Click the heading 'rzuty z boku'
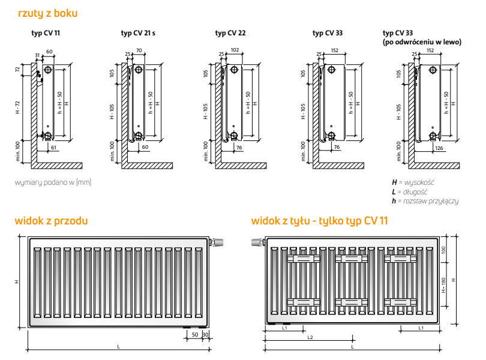tap(48, 13)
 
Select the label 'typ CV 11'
tap(46, 33)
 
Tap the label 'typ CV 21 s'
tap(138, 33)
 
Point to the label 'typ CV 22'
tap(230, 33)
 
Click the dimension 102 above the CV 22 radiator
tap(235, 50)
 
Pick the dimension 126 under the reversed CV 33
tap(439, 148)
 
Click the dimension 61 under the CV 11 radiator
tap(53, 148)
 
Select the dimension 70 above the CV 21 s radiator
tap(139, 50)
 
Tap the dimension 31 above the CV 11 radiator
tap(38, 55)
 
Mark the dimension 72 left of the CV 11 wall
tap(17, 70)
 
